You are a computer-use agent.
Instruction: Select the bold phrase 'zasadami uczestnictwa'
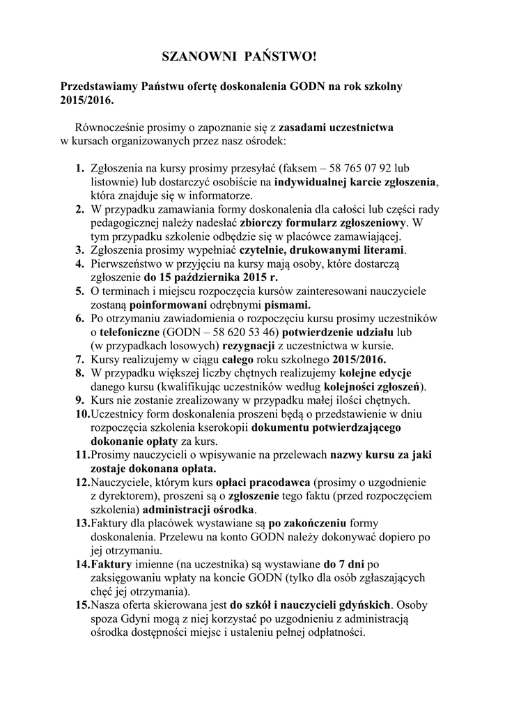click(x=336, y=128)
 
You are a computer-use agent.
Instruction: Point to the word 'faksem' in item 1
click(x=300, y=169)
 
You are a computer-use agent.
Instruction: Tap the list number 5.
click(x=79, y=291)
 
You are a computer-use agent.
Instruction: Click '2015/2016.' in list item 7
click(x=359, y=360)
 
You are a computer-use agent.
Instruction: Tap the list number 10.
click(x=82, y=414)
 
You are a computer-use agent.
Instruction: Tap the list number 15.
click(x=82, y=605)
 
